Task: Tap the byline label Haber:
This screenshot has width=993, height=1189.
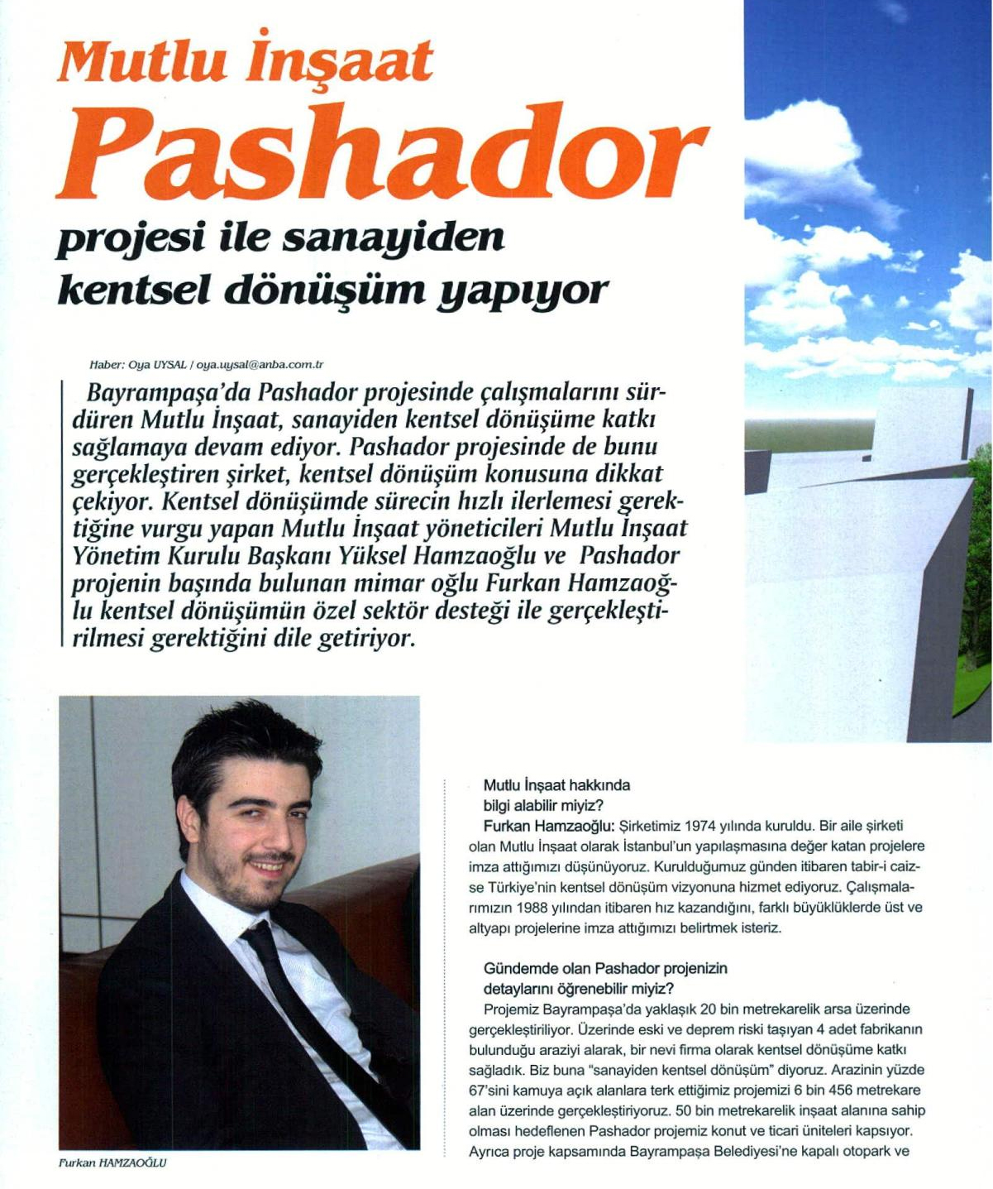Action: coord(107,365)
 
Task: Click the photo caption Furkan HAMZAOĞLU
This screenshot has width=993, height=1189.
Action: coord(112,1163)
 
